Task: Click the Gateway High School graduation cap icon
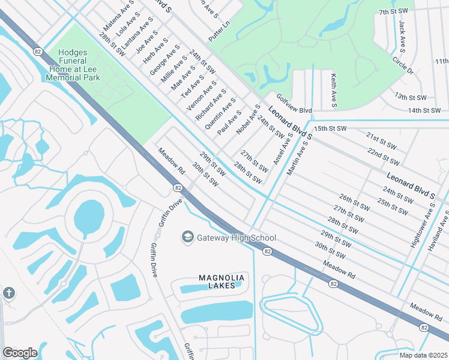point(188,238)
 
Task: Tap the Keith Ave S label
point(333,91)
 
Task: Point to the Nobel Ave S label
point(248,119)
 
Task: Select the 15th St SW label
point(330,128)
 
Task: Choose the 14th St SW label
point(424,110)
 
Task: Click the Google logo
point(20,353)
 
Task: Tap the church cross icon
point(8,293)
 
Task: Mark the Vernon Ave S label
point(201,96)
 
